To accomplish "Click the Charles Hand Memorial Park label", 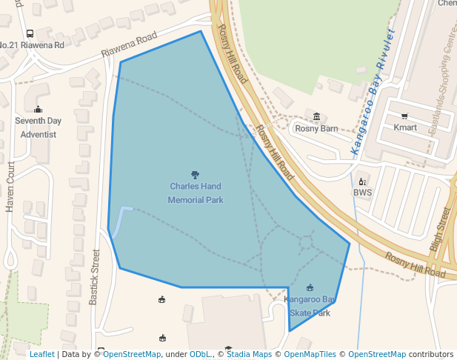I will tap(196, 193).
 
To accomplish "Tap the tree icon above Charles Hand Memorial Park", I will tap(196, 176).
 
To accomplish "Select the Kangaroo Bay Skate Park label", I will tap(310, 306).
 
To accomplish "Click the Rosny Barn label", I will tap(316, 128).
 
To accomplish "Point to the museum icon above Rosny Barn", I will tap(317, 116).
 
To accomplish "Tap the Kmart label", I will tap(405, 127).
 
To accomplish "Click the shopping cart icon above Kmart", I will tap(404, 116).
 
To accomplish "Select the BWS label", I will tap(362, 193).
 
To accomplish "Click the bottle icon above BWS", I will tap(362, 181).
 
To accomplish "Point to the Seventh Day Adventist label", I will tap(39, 127).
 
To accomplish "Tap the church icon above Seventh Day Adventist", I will tap(39, 109).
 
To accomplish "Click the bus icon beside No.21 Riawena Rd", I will tap(30, 34).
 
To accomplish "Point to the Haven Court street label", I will tap(10, 187).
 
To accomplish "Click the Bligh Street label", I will tap(440, 230).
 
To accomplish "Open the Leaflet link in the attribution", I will tap(41, 354).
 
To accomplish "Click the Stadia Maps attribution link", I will tap(249, 354).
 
